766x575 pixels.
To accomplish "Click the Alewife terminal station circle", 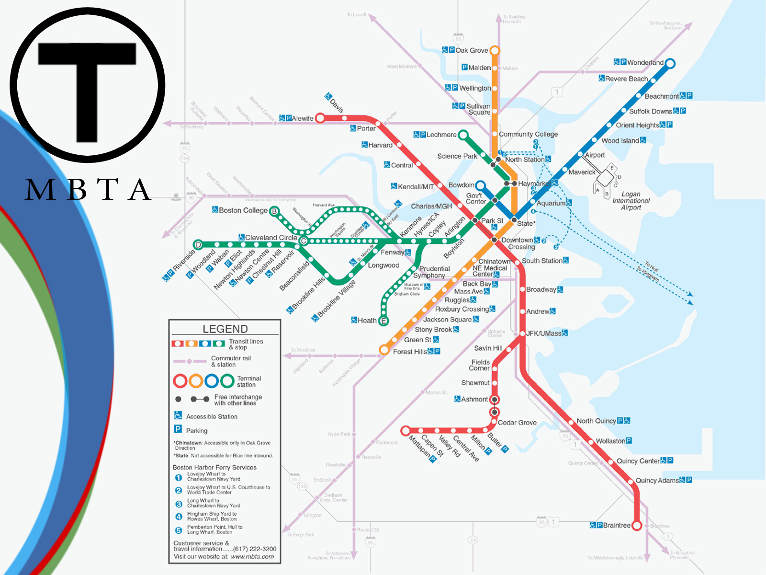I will click(320, 118).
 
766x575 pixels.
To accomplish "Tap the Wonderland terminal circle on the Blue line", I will click(670, 63).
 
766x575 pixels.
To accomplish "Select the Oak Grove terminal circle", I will click(495, 50).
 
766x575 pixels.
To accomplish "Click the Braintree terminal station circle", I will click(637, 526).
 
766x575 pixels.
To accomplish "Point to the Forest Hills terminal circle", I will click(384, 350).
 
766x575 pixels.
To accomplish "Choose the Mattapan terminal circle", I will click(406, 430).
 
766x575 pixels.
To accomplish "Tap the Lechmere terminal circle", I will click(463, 135).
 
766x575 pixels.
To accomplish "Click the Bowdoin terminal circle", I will click(480, 185).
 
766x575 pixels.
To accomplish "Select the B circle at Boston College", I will click(274, 211).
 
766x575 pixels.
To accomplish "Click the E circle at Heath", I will click(383, 321).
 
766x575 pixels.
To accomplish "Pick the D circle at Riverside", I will click(198, 245).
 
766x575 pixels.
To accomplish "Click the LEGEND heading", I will click(225, 329).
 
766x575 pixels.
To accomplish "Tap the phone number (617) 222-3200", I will click(255, 549).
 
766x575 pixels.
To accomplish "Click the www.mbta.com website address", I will click(252, 557).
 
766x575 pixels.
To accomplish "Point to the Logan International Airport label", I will click(631, 201).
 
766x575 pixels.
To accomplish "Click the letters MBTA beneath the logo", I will click(89, 189).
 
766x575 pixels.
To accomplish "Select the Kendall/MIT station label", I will click(416, 186).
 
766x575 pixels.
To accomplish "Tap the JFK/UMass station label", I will click(543, 333).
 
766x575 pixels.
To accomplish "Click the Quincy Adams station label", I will click(657, 480).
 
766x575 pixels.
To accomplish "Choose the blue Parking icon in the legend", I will click(178, 429).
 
